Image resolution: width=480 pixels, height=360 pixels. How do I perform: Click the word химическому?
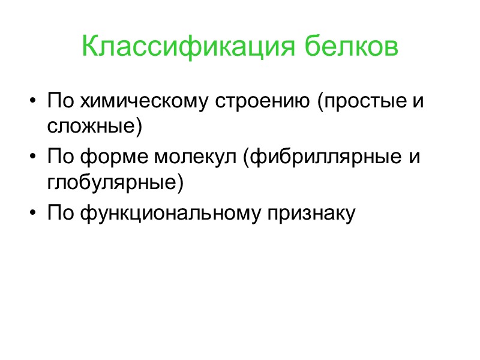(x=144, y=101)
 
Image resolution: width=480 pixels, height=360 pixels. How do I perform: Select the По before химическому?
(x=59, y=100)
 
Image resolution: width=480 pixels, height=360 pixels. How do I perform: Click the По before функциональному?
(x=59, y=213)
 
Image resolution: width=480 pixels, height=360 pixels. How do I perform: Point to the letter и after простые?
(x=418, y=101)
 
